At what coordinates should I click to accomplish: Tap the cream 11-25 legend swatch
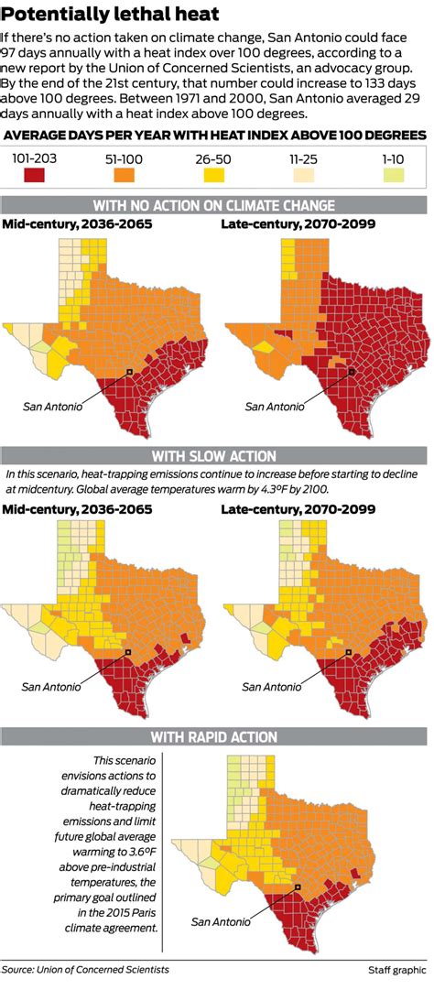[303, 174]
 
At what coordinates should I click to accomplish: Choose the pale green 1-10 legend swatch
[393, 174]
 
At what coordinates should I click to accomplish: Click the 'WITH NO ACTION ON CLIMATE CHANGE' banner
[217, 204]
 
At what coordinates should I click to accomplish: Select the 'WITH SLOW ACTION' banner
[217, 456]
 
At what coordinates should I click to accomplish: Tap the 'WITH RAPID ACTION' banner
[217, 736]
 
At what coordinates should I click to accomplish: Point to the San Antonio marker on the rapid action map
[298, 887]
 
